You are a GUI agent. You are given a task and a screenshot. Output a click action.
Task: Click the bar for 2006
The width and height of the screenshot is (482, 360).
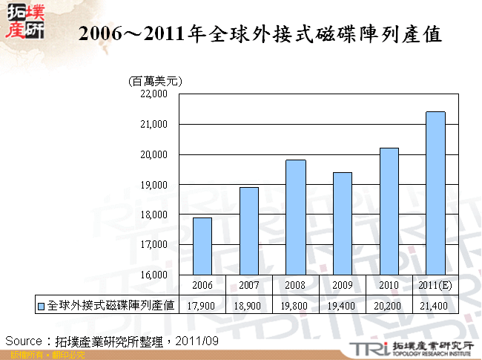[x=202, y=246]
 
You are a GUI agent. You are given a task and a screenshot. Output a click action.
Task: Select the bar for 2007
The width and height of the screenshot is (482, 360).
[x=249, y=231]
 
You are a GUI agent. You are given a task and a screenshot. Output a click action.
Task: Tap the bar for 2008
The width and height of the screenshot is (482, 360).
[x=296, y=217]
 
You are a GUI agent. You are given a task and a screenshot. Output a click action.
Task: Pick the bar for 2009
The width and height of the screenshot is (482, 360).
[x=343, y=223]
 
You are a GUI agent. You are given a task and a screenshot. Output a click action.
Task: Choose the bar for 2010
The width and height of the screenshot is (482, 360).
[x=389, y=211]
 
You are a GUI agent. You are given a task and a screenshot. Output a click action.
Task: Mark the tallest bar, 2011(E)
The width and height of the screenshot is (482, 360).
[x=435, y=193]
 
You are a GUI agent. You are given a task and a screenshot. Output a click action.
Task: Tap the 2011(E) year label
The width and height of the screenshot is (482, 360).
[x=435, y=285]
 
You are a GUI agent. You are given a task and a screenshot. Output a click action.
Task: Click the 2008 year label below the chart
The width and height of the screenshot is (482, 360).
[x=296, y=285]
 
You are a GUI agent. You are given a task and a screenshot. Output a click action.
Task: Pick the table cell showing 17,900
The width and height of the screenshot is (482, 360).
[x=202, y=304]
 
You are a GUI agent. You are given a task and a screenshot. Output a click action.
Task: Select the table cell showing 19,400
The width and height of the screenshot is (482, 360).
[x=343, y=304]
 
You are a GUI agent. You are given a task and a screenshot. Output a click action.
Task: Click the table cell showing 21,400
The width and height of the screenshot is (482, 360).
[x=435, y=304]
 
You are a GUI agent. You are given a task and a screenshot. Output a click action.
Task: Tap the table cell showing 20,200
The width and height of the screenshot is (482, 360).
[x=389, y=304]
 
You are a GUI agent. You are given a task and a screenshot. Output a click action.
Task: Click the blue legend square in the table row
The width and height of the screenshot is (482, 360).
[x=42, y=304]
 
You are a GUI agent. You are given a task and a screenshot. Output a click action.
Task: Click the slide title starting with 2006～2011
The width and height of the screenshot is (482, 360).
[x=260, y=34]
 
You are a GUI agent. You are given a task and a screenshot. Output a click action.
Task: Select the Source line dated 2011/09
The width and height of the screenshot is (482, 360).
[x=111, y=340]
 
